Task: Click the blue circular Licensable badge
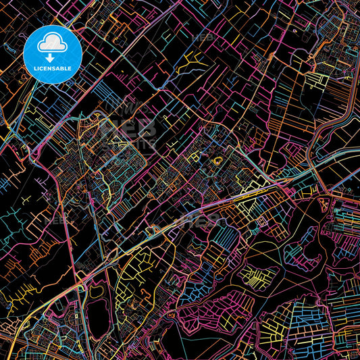tap(53, 55)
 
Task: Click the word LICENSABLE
tap(53, 69)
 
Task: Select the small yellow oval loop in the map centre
tap(217, 161)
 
